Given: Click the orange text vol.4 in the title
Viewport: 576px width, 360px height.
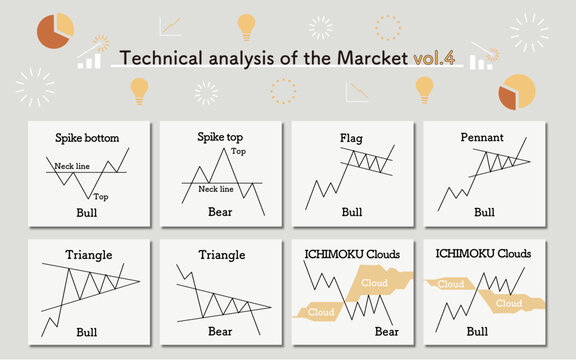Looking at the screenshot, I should tap(434, 57).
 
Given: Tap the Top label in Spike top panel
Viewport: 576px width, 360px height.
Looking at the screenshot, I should tap(238, 151).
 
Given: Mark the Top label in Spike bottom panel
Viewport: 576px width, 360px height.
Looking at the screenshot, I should tap(101, 197).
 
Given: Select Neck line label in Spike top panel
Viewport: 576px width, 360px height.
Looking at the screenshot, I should tap(216, 188).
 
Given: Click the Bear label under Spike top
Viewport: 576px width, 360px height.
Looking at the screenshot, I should tap(220, 213).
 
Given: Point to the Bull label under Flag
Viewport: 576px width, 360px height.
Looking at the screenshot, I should tap(351, 213).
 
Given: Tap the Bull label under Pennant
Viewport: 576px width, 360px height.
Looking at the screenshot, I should tap(484, 213).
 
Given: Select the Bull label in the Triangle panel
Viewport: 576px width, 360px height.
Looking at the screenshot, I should tap(88, 331).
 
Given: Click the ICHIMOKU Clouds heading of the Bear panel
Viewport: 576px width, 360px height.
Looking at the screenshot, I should tap(351, 254).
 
